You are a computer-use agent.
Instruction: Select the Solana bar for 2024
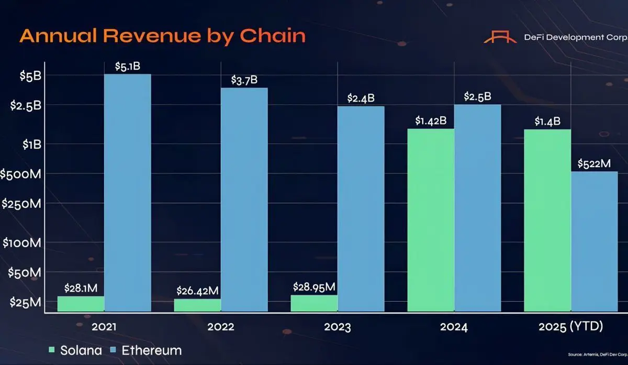point(431,220)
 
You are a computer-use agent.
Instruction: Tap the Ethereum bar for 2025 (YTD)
point(594,241)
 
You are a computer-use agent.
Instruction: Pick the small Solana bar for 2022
point(197,305)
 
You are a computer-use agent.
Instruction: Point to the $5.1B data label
point(128,66)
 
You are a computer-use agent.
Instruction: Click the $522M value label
point(594,163)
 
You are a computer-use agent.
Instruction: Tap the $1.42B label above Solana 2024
point(431,121)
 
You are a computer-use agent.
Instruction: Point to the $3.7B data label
point(244,80)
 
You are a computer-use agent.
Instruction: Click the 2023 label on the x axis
point(337,328)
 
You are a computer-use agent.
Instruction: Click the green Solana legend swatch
point(51,349)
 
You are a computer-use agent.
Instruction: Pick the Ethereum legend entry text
point(151,349)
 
